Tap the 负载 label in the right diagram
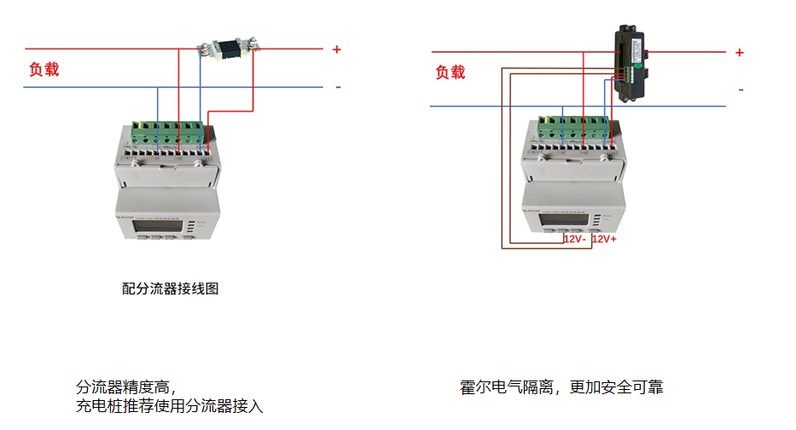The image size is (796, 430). coord(450,73)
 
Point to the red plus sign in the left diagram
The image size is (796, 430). coord(336,49)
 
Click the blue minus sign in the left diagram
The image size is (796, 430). coord(338,87)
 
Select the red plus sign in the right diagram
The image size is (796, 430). coord(739,53)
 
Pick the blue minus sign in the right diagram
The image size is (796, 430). coord(741,90)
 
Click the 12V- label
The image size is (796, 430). coord(574,240)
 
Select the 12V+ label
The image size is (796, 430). coord(604,240)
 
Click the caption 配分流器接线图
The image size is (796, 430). coord(171,289)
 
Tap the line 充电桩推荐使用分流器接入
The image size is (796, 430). coord(170,405)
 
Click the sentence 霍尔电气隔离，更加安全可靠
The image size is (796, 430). coord(561,387)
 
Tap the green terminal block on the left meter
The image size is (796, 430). coord(166,134)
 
